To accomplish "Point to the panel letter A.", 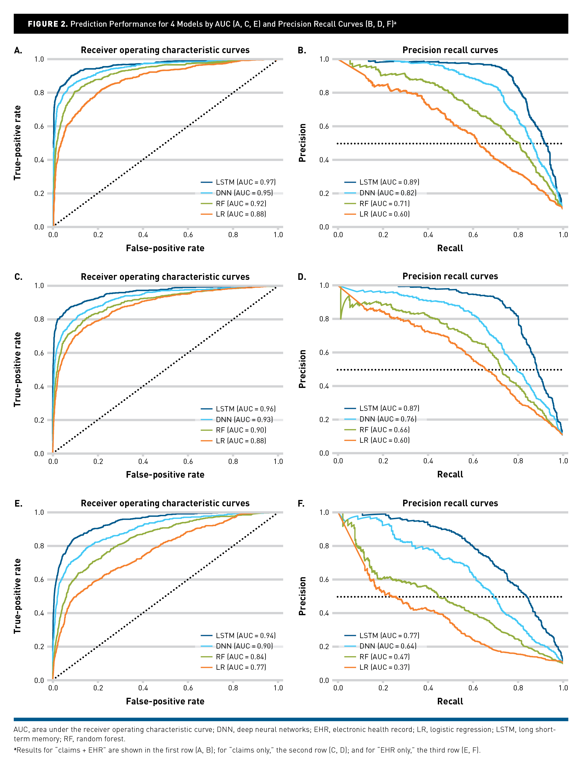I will pyautogui.click(x=18, y=51).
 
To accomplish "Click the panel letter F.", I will pyautogui.click(x=301, y=504).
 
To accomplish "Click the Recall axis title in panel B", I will pyautogui.click(x=450, y=248).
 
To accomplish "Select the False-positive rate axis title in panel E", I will pyautogui.click(x=165, y=701).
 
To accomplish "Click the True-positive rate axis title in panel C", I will pyautogui.click(x=17, y=370).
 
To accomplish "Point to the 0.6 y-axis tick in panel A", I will pyautogui.click(x=39, y=127).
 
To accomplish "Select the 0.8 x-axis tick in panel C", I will pyautogui.click(x=233, y=461).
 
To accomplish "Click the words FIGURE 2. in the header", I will pyautogui.click(x=48, y=24).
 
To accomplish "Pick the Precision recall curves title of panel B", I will pyautogui.click(x=450, y=50).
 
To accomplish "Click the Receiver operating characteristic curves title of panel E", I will pyautogui.click(x=165, y=503).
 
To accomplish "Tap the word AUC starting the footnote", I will pyautogui.click(x=21, y=729).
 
